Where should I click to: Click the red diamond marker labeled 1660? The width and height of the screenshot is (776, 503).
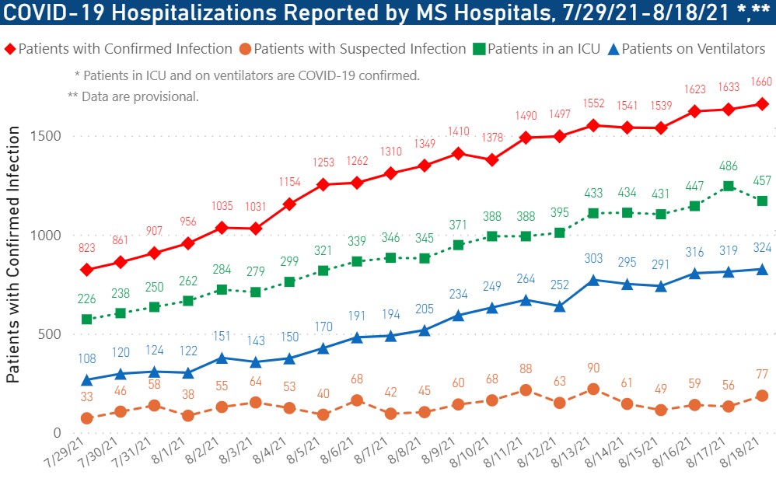762,104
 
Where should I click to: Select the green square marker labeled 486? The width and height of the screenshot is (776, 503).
729,187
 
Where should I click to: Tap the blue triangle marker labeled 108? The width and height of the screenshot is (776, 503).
87,380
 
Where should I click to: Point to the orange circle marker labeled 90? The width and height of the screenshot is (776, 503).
594,389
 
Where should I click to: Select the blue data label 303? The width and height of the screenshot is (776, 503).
594,258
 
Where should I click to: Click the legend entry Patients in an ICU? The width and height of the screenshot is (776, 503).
536,49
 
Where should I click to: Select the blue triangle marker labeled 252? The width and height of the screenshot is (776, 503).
561,306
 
